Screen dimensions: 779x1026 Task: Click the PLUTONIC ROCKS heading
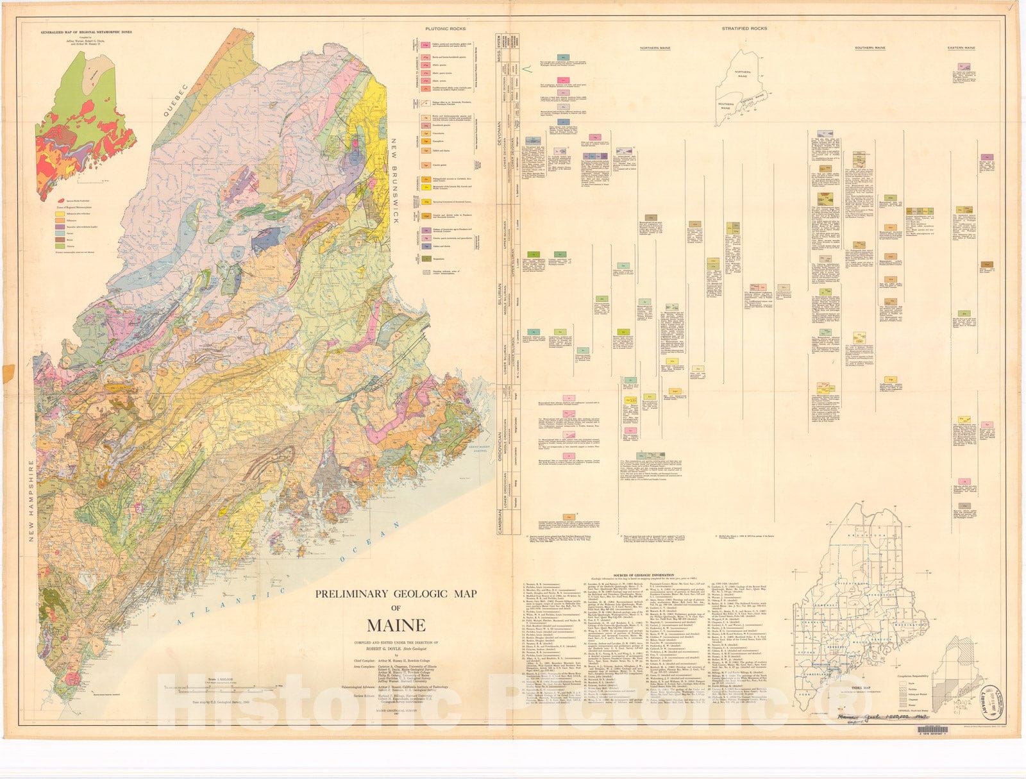click(x=446, y=29)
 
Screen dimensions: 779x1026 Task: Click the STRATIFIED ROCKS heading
click(x=744, y=28)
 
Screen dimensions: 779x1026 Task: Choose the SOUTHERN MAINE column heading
click(x=870, y=49)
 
